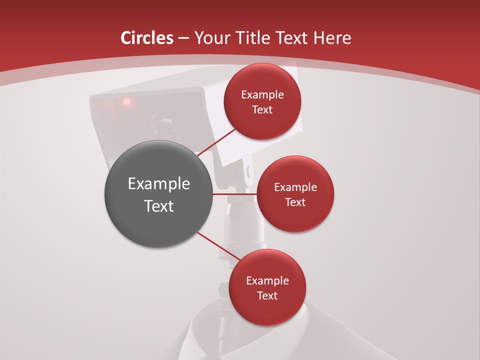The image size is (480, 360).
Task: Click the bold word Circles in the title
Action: point(147,38)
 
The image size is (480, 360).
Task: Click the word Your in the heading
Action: point(212,38)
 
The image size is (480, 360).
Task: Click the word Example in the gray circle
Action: point(159,184)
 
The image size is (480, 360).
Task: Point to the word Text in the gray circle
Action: point(159,206)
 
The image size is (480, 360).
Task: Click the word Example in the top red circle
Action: point(262,95)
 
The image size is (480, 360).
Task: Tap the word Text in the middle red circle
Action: point(295,202)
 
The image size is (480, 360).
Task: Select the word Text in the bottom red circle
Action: point(267,296)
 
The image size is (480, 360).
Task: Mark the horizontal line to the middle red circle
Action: point(235,193)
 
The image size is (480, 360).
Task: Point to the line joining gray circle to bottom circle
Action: point(218,247)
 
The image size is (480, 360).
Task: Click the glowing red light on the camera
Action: point(125,102)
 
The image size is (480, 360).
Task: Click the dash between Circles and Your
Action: point(183,38)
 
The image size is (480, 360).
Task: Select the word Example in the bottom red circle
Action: point(267,281)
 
